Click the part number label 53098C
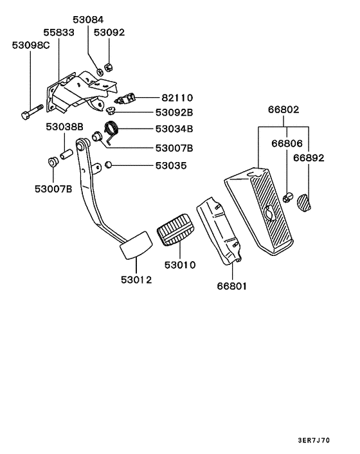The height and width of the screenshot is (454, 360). (x=31, y=45)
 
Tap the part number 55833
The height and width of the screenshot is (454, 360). (x=59, y=32)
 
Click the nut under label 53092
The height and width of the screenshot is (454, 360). (x=109, y=64)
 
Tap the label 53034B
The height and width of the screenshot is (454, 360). (x=174, y=129)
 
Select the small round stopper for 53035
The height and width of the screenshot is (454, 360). (x=109, y=166)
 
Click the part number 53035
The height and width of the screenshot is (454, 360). (x=171, y=166)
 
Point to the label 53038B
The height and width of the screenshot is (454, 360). (x=64, y=127)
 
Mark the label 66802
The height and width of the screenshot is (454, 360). (x=283, y=110)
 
